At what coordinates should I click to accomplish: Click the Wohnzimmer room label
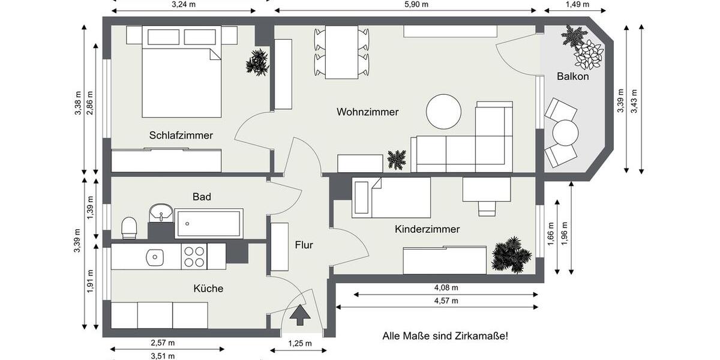pos(367,112)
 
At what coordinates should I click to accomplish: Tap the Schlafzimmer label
pos(181,136)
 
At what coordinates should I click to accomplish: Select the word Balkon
pos(572,77)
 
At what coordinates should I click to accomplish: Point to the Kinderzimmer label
pos(427,229)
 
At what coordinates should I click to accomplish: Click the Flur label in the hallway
pos(304,245)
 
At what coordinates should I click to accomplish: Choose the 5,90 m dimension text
pos(417,4)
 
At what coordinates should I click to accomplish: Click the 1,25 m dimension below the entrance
pos(299,343)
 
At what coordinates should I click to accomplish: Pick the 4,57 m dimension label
pos(446,301)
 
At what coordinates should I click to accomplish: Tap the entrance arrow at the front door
pos(301,315)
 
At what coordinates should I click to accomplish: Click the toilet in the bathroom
pos(130,227)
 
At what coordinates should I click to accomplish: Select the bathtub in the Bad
pos(209,223)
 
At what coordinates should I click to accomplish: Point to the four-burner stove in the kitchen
pos(194,257)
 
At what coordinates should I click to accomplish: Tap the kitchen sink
pos(155,257)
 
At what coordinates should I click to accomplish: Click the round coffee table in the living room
pos(443,111)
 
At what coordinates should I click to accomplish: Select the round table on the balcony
pos(565,133)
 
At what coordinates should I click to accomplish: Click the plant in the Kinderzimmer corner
pos(511,254)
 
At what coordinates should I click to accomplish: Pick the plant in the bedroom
pos(257,62)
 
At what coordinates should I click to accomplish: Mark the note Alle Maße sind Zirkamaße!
pos(445,336)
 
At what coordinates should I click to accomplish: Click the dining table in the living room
pos(341,52)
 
